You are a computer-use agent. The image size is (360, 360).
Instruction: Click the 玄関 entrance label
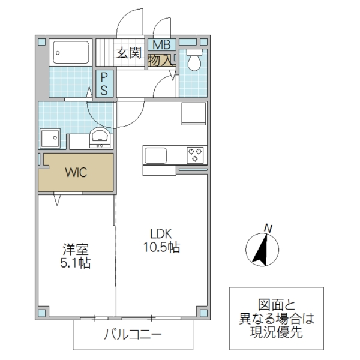[x=128, y=53]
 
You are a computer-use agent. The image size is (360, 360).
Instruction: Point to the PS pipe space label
[x=104, y=84]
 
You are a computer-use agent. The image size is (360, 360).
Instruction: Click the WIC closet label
[x=76, y=173]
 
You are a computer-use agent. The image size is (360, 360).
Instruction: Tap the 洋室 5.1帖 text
[x=76, y=255]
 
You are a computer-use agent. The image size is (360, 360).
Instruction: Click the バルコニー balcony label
[x=133, y=334]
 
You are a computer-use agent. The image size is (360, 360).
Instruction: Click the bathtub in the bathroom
[x=71, y=53]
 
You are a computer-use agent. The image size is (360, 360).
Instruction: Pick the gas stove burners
[x=196, y=154]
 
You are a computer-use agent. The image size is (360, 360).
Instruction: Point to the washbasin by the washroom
[x=99, y=138]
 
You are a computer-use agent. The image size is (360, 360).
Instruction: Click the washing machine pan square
[x=49, y=139]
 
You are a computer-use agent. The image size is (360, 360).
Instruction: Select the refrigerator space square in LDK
[x=194, y=113]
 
